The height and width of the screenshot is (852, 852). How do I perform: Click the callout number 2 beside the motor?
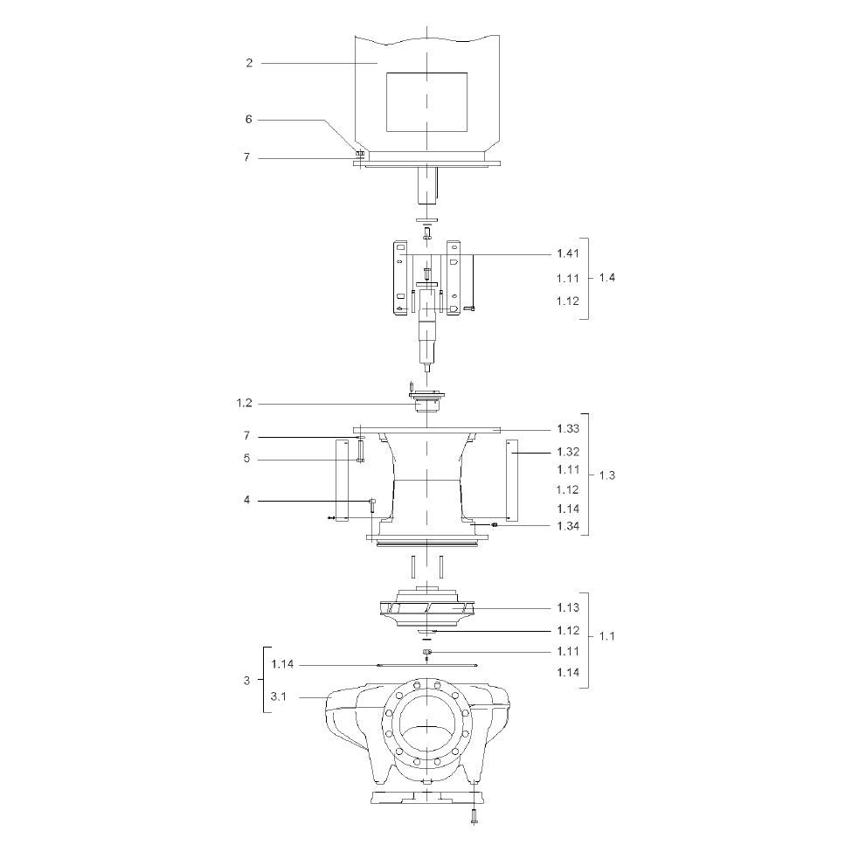pos(249,63)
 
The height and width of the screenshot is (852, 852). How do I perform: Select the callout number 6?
pos(249,119)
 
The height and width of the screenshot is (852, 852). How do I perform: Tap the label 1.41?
pos(568,253)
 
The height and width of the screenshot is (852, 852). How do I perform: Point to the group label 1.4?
pos(607,278)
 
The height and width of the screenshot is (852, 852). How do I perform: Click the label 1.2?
pos(245,403)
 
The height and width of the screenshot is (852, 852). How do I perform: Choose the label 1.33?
pos(568,429)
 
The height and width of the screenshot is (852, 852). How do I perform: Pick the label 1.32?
pos(568,452)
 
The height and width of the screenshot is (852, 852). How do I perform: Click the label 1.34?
pos(568,526)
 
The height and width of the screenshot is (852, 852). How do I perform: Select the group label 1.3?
pos(607,475)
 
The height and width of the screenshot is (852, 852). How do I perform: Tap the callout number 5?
pos(246,459)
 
